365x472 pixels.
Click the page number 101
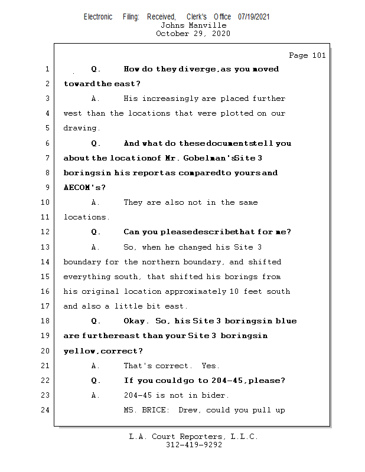point(318,55)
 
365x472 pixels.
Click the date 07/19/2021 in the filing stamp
point(254,17)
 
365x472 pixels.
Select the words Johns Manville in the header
point(193,25)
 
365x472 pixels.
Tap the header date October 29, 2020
point(193,34)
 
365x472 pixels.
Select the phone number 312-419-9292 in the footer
point(193,445)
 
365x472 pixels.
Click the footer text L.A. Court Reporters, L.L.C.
point(193,437)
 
